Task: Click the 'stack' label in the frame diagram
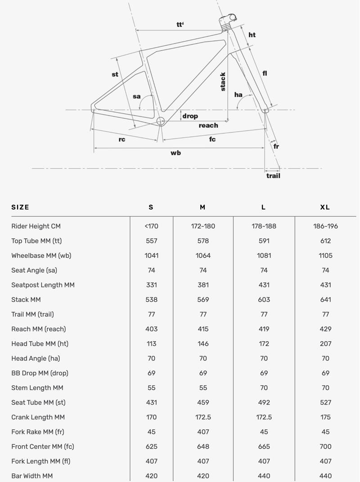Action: [223, 82]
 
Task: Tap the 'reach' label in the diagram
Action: [208, 126]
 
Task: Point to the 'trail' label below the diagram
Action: [273, 176]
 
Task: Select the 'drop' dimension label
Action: [190, 116]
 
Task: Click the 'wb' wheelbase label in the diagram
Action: [175, 153]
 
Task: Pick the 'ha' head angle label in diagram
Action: [238, 95]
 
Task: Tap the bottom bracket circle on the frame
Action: [161, 121]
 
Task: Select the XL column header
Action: [325, 207]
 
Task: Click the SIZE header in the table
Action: [20, 207]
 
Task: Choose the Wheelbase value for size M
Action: [203, 256]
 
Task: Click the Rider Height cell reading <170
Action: [151, 226]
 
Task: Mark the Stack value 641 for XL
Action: [325, 300]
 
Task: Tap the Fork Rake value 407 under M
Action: [203, 432]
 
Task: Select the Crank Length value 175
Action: [325, 417]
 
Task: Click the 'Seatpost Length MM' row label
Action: [43, 285]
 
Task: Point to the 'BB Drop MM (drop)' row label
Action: [40, 373]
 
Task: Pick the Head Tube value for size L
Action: [264, 344]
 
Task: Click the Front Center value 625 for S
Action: [151, 446]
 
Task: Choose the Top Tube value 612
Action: [325, 241]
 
